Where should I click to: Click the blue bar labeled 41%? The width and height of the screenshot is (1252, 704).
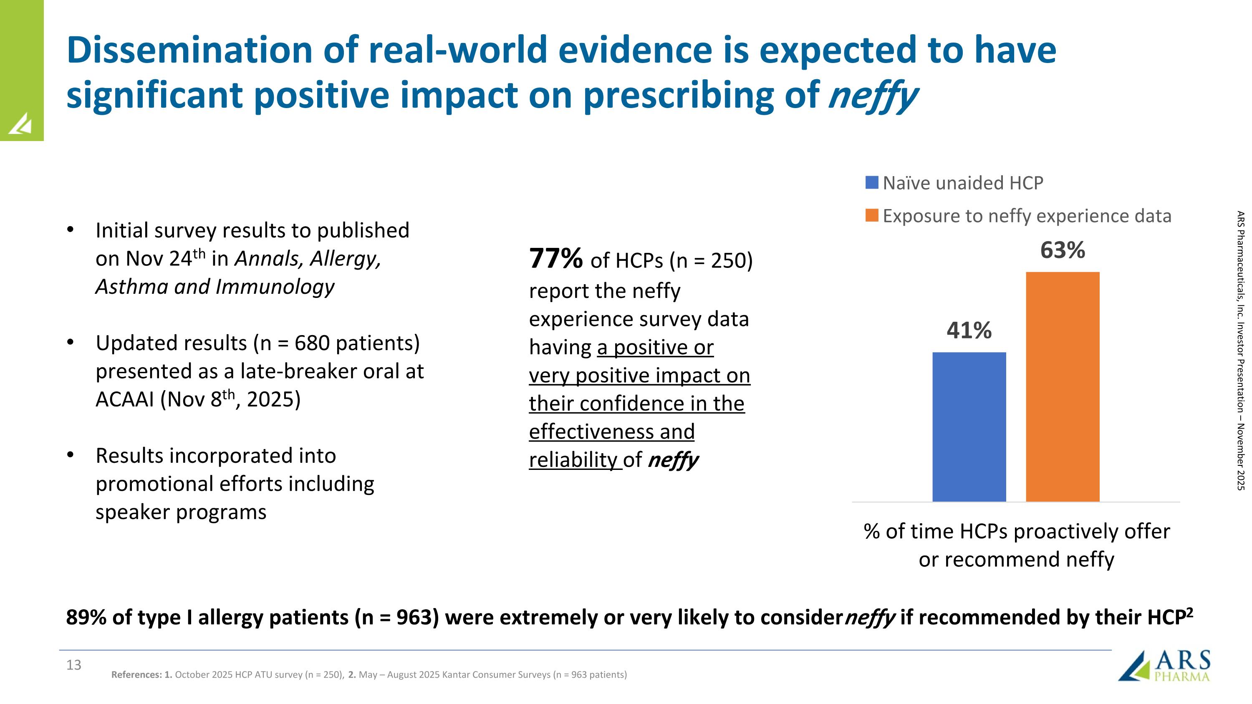[x=969, y=426]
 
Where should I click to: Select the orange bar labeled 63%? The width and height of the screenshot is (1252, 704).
[x=1063, y=386]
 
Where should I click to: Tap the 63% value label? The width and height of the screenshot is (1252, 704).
[x=1063, y=250]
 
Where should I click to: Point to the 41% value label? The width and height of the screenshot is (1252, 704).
[x=969, y=331]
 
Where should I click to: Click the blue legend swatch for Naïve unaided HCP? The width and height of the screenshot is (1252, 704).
[x=872, y=183]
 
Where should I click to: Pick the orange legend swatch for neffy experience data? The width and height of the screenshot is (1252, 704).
[x=872, y=216]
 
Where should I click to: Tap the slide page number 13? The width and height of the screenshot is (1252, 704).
[x=74, y=665]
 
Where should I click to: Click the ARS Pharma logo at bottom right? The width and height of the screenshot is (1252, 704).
[x=1164, y=666]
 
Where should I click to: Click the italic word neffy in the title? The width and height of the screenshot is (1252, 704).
[x=872, y=95]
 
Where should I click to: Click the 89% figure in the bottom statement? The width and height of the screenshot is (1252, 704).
[x=86, y=617]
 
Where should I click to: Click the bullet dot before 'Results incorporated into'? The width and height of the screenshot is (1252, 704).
[x=71, y=455]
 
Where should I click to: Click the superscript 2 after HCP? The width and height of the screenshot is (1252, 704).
[x=1189, y=612]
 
